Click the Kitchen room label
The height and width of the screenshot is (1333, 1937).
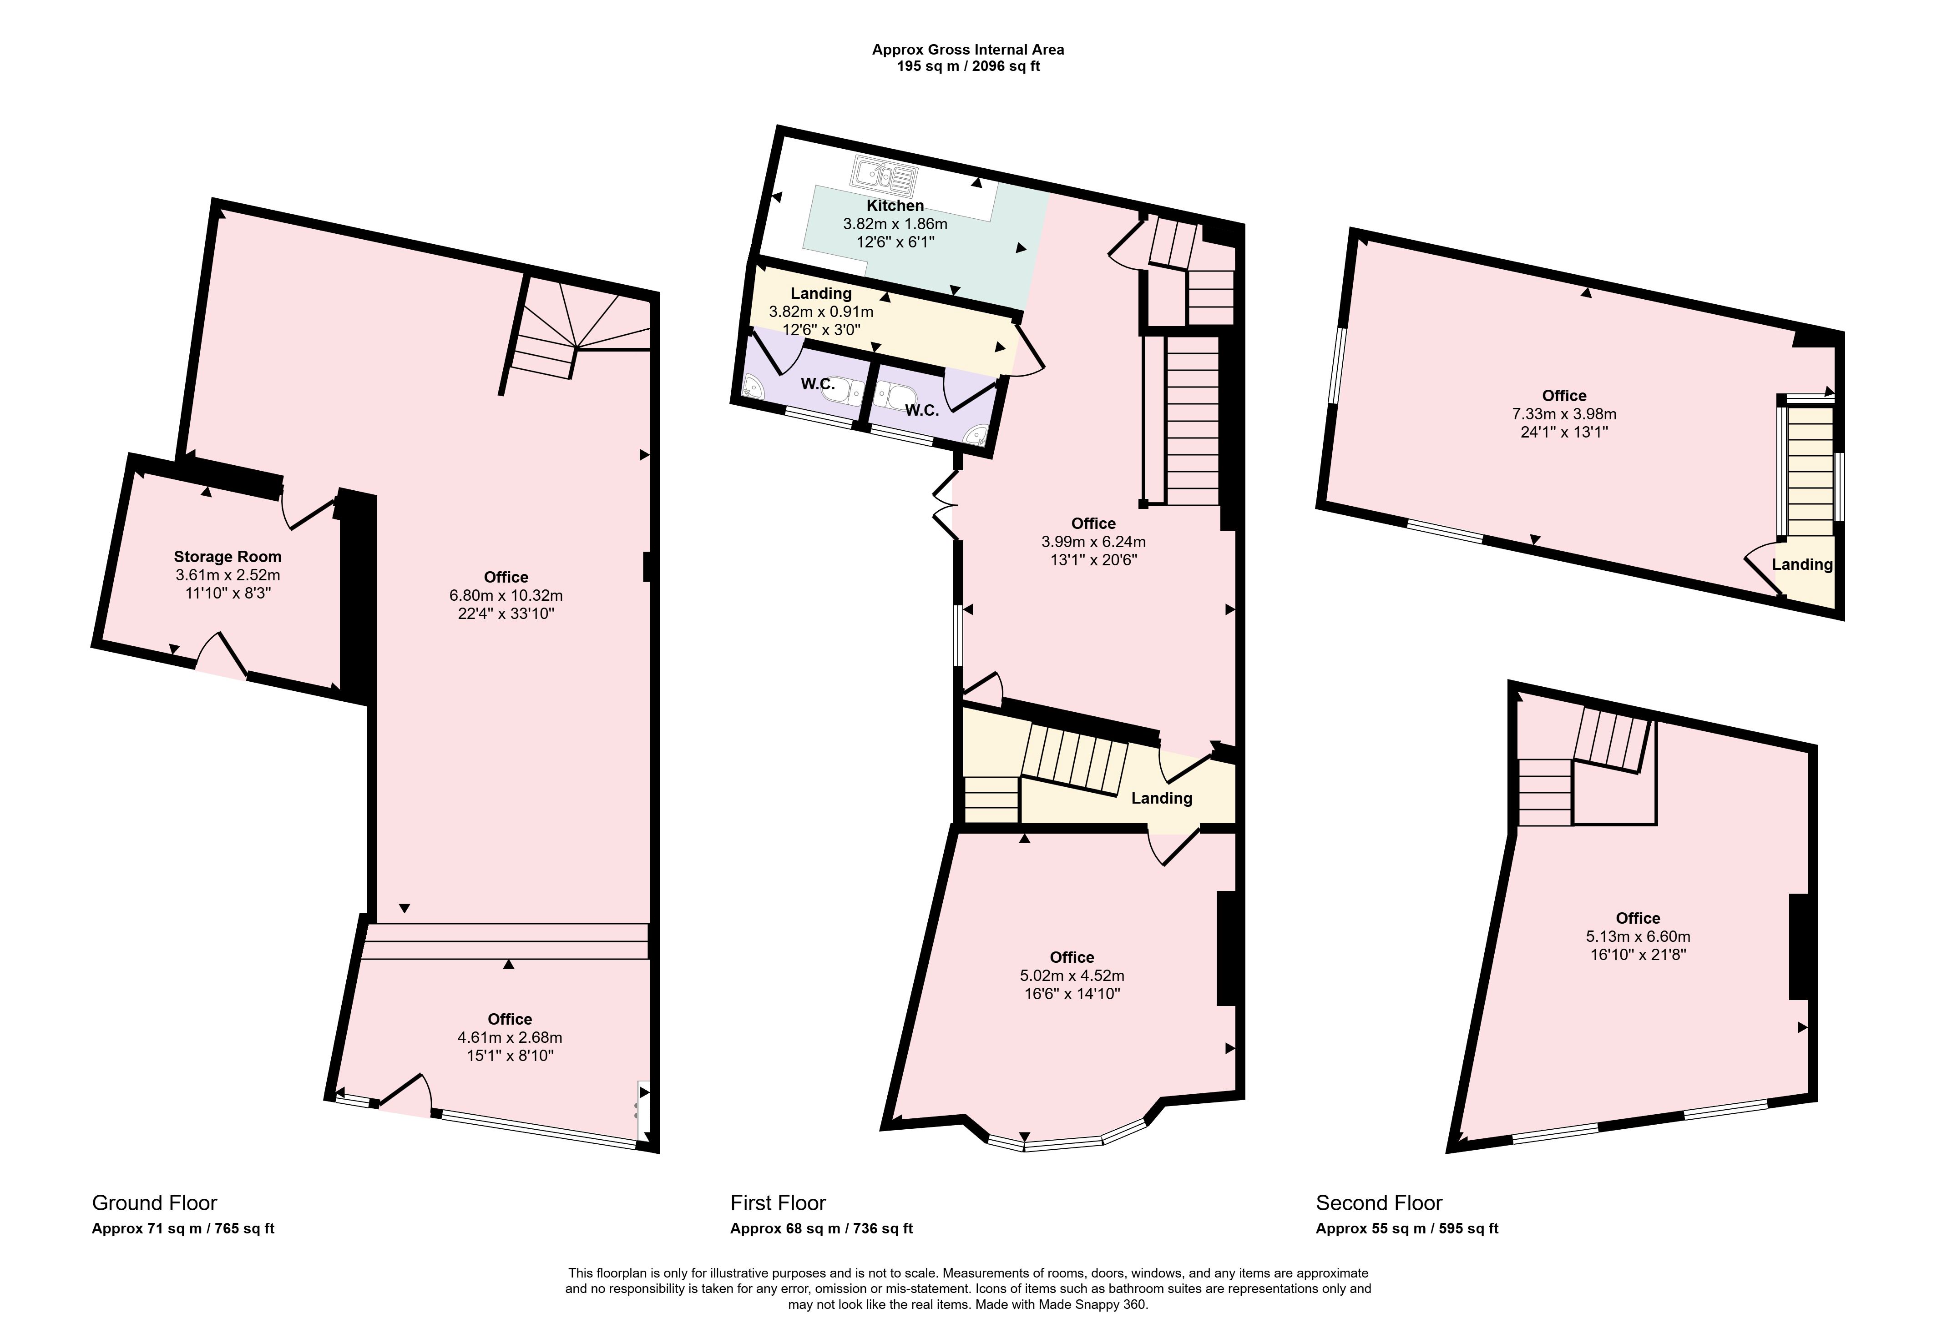pos(895,206)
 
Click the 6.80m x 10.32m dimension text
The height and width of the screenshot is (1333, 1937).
pos(506,595)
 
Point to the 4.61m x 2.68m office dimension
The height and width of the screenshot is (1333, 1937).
pos(510,1037)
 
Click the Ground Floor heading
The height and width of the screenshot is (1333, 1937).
pos(155,1203)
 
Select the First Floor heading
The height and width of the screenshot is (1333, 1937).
pos(778,1203)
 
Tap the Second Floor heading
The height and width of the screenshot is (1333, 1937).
pos(1379,1203)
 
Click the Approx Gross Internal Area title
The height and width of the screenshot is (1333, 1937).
pos(968,49)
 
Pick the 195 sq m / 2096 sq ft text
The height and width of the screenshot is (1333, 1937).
pos(968,66)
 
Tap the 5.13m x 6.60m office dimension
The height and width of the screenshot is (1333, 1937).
pos(1638,936)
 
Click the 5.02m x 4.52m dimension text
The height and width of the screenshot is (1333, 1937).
pos(1072,976)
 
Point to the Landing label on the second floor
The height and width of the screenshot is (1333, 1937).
pos(1802,564)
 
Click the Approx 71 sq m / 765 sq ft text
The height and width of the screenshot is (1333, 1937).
pos(183,1228)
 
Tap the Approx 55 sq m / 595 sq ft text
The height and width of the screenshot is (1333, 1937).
pos(1407,1228)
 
